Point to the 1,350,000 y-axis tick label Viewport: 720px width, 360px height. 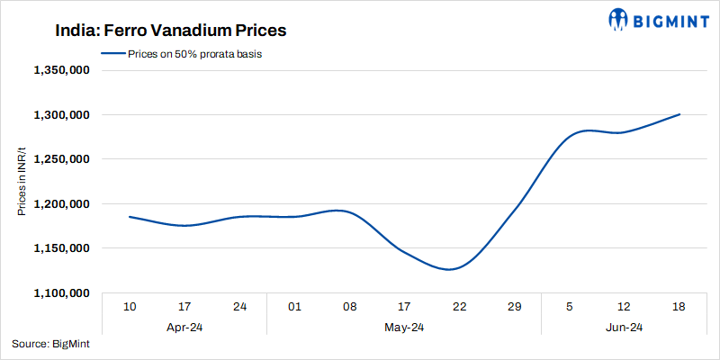tap(59, 70)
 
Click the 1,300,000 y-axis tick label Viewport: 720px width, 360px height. tap(59, 115)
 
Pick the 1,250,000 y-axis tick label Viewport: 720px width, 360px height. tap(59, 159)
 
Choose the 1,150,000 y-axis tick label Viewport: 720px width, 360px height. tap(59, 248)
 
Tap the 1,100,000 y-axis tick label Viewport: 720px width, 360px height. tap(59, 293)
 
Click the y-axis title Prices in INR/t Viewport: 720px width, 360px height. tap(21, 182)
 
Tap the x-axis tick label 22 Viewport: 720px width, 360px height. tap(459, 308)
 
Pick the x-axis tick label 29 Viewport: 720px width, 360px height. tap(514, 308)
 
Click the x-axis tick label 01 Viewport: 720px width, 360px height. tap(294, 308)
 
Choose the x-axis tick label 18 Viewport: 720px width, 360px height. tap(679, 308)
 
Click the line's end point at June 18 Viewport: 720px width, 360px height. tap(679, 114)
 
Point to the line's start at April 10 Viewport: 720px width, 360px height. tap(130, 217)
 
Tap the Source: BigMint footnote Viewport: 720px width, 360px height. tap(50, 344)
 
